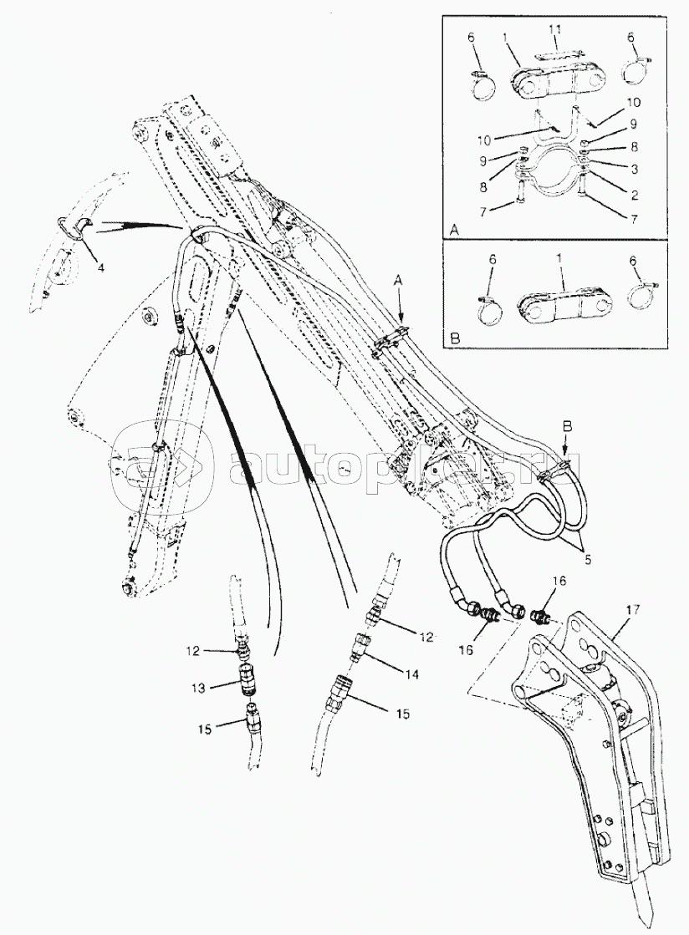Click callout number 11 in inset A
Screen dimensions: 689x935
click(554, 31)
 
